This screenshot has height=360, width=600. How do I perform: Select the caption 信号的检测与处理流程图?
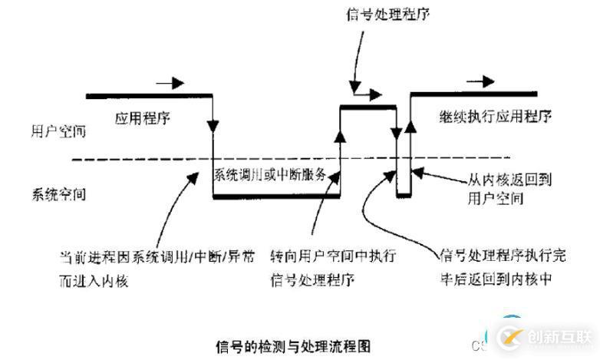[293, 345]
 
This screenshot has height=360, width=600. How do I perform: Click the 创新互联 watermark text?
[557, 337]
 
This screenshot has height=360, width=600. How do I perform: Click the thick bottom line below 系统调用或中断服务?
[275, 197]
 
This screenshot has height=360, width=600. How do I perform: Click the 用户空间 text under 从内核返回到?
[496, 199]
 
